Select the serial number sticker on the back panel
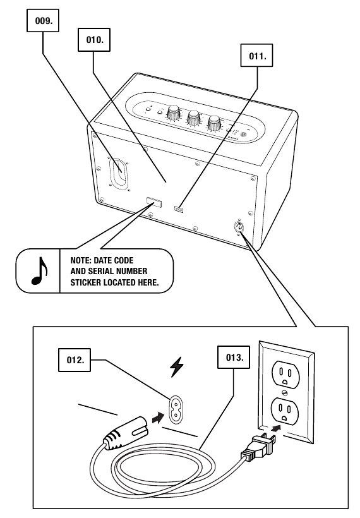153,203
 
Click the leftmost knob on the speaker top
172,112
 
